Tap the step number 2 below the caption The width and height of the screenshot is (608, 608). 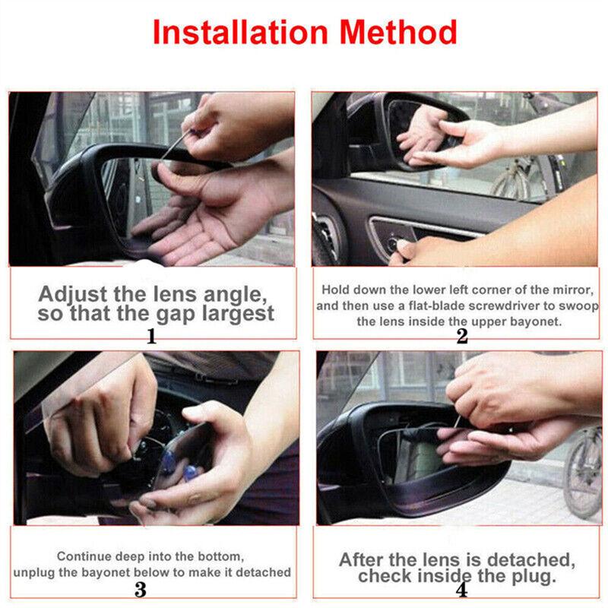point(461,336)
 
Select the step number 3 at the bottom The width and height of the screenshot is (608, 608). point(140,589)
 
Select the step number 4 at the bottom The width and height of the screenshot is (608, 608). point(461,590)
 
